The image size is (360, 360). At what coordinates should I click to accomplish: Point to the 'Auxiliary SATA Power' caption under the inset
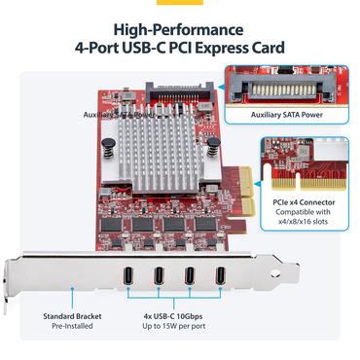point(285,115)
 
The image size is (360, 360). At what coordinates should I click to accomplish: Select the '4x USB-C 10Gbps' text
point(174,315)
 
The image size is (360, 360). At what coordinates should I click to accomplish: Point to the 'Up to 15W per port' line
point(174,328)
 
